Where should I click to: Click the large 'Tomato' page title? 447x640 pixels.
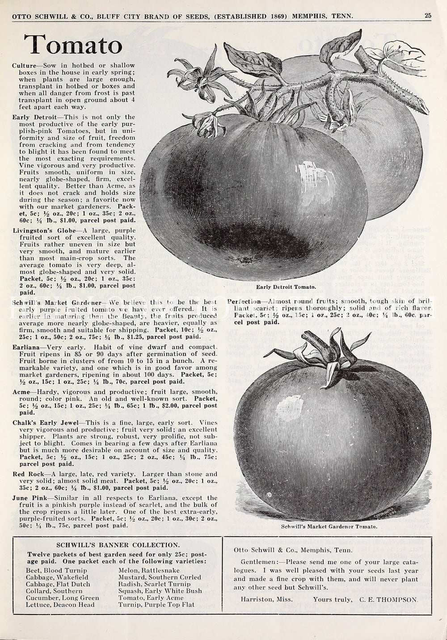(73, 45)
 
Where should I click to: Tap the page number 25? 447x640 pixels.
(428, 16)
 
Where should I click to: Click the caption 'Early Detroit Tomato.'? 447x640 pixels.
(286, 287)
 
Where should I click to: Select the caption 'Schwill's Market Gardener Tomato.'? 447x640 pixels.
(329, 526)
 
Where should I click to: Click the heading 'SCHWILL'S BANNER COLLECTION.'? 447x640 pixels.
(118, 545)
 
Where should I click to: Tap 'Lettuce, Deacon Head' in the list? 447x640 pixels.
(60, 605)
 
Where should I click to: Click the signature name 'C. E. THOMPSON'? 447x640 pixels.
(388, 599)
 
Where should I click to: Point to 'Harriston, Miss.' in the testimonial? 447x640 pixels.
(266, 599)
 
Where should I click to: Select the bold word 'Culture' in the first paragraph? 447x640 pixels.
(24, 66)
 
